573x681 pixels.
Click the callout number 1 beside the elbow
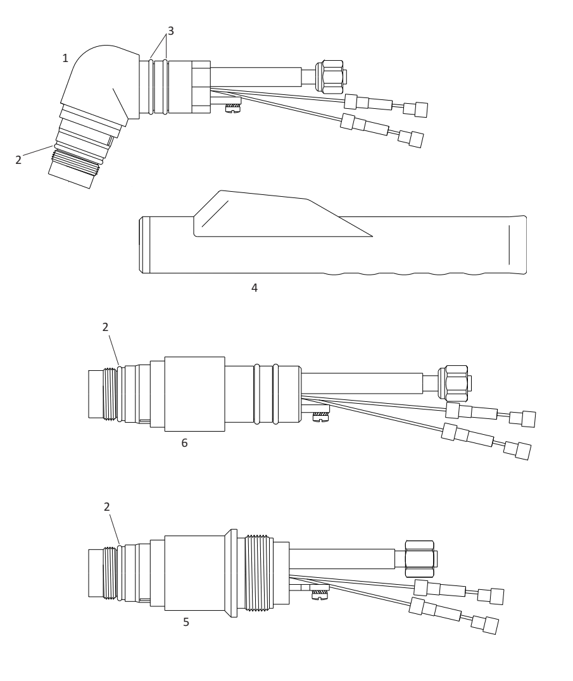coord(65,58)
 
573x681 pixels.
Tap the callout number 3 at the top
coord(171,31)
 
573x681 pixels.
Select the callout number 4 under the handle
coord(255,287)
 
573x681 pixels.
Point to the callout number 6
coord(185,442)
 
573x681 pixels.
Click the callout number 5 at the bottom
coord(186,622)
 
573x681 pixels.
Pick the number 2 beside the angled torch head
coord(18,160)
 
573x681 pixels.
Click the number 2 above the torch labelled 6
coord(105,327)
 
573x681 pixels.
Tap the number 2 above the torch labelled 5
coord(107,506)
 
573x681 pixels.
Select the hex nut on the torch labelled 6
coord(454,383)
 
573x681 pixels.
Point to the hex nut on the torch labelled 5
coord(420,559)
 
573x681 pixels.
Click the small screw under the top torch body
coord(233,108)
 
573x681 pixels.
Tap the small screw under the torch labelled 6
coord(320,416)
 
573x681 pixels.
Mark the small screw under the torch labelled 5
coord(320,594)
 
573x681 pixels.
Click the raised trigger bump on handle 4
coord(269,214)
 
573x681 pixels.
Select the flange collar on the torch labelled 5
coord(233,573)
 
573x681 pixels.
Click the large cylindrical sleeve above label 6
coord(194,394)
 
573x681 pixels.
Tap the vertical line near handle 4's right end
coord(509,244)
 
